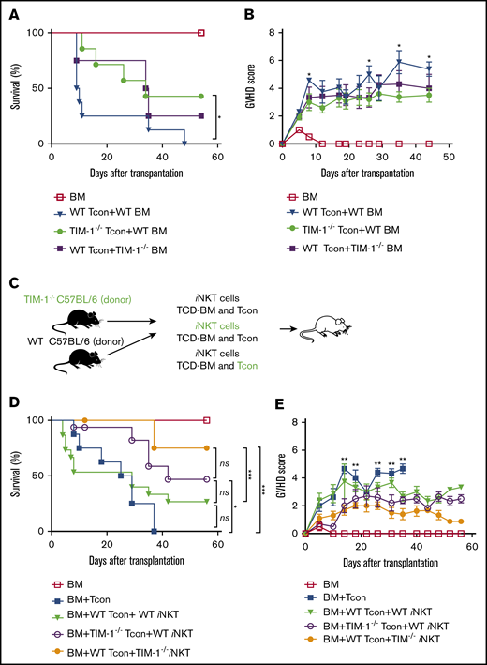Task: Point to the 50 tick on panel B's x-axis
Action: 448,155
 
